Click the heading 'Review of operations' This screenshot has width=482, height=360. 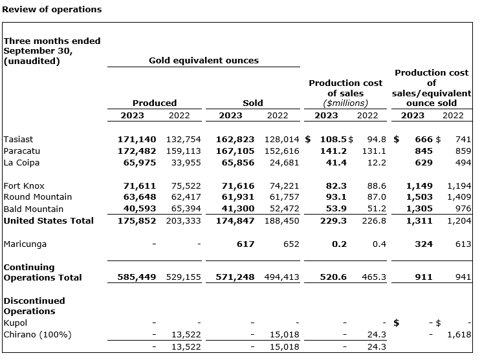(x=51, y=10)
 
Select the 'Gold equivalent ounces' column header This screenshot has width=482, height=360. (x=203, y=61)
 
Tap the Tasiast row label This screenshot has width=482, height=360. (x=18, y=140)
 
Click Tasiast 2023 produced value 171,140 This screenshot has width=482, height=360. (x=137, y=140)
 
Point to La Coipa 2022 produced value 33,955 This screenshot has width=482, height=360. (x=183, y=163)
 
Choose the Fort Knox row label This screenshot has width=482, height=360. (x=24, y=186)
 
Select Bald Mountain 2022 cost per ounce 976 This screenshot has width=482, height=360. (x=454, y=209)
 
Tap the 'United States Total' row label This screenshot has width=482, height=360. (x=49, y=220)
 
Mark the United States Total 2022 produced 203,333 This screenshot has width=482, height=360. (x=183, y=220)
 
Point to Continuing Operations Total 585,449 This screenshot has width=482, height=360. (x=137, y=277)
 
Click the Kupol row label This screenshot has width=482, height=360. (x=15, y=323)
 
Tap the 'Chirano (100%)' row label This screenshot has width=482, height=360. (x=38, y=334)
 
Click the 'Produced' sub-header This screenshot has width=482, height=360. (x=154, y=103)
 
